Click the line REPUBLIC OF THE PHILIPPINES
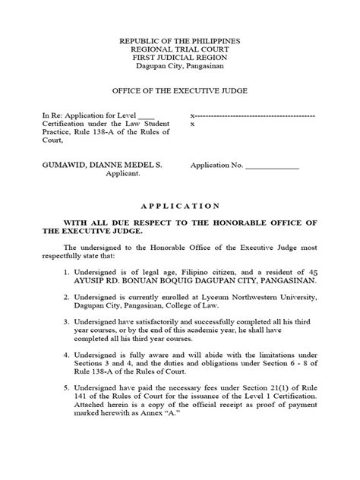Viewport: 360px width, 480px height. (181, 39)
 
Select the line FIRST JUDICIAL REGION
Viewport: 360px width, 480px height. (181, 58)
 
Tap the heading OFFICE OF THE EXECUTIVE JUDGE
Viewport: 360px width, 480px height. (181, 91)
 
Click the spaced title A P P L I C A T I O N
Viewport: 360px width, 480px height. (181, 207)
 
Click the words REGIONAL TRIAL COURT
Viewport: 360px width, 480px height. (181, 48)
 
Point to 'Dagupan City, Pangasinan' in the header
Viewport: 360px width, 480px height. (181, 67)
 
